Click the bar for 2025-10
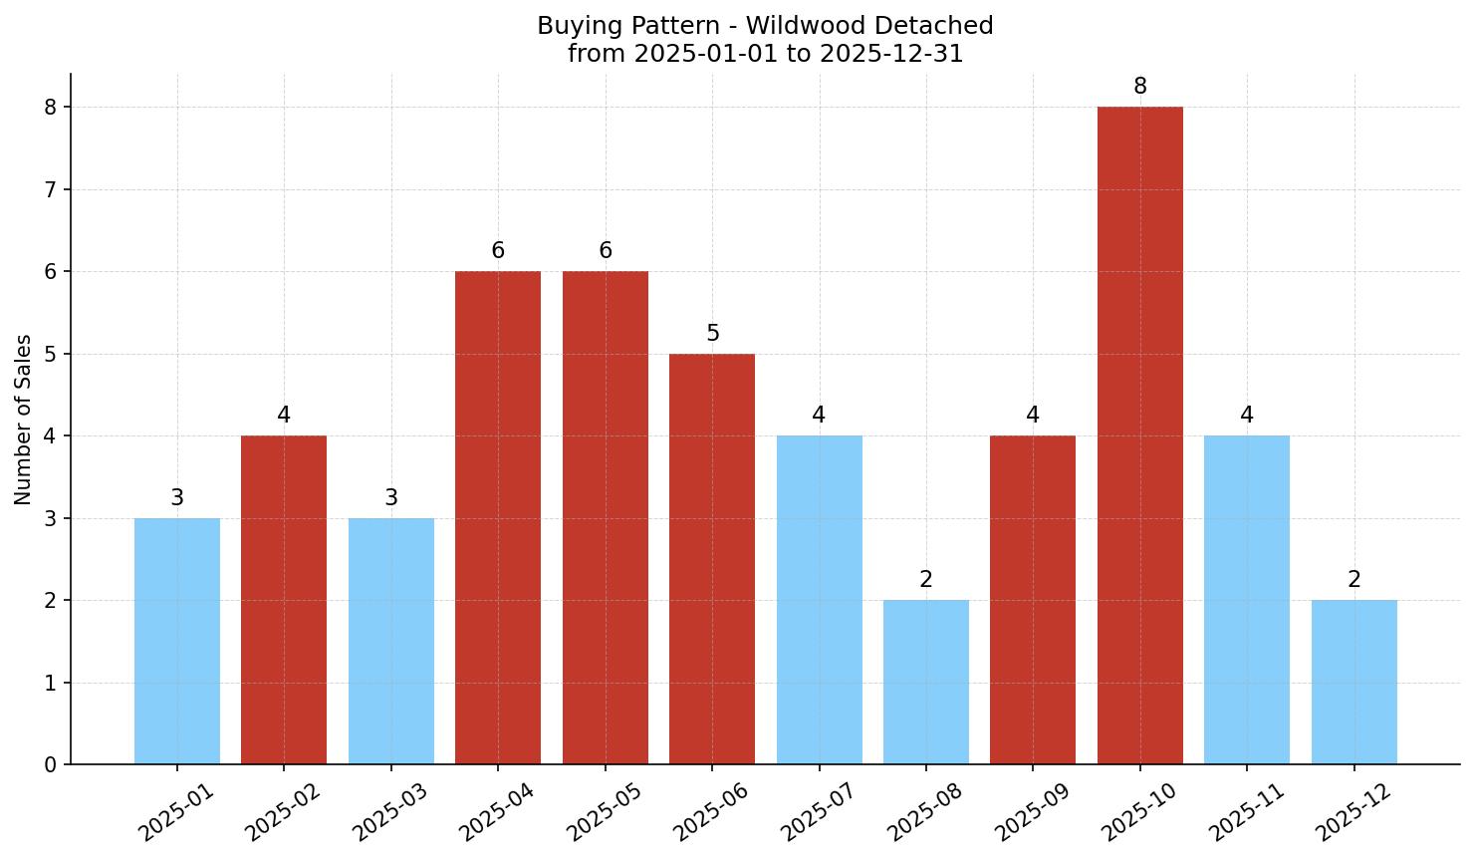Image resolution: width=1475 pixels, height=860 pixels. (x=1139, y=435)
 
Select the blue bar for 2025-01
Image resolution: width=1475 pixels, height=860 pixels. (x=177, y=641)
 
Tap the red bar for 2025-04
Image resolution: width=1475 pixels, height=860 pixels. (x=498, y=517)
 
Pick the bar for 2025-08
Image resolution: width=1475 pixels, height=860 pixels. (x=926, y=682)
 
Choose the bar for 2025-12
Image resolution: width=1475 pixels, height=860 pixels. (x=1353, y=682)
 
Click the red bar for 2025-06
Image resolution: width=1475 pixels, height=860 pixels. (x=712, y=559)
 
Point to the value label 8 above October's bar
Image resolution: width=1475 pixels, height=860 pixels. (x=1140, y=87)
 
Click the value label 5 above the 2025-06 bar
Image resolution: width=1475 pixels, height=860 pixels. (x=713, y=333)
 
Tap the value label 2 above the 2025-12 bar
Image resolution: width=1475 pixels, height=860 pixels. (x=1354, y=580)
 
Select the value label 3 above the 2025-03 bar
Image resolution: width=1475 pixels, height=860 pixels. (x=391, y=497)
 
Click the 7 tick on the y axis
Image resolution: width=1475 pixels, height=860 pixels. (x=51, y=189)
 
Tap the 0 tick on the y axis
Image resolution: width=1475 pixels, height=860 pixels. (x=51, y=765)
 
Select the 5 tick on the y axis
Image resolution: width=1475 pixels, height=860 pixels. (x=51, y=354)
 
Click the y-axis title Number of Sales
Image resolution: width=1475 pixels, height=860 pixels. (x=24, y=420)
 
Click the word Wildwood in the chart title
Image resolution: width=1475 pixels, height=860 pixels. (x=754, y=26)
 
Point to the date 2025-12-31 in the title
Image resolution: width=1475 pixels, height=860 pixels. (x=891, y=54)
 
